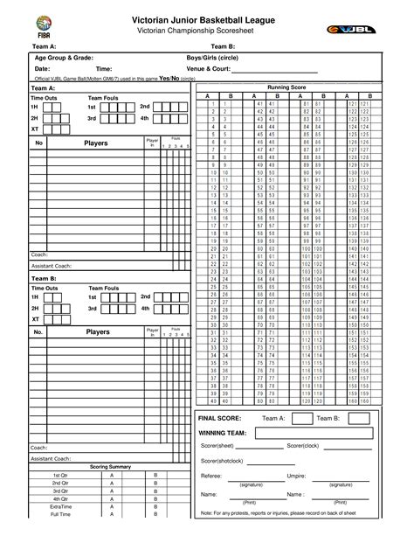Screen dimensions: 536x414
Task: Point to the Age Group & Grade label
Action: point(64,56)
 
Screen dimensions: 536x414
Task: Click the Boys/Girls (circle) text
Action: point(217,56)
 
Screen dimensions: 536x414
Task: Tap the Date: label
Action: point(42,67)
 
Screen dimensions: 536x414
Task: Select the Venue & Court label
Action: point(209,67)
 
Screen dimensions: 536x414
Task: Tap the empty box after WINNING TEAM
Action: point(310,433)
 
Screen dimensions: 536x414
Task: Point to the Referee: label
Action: point(211,476)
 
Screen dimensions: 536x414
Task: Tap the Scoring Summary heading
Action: point(109,466)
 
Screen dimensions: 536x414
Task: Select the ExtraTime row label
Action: point(60,506)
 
